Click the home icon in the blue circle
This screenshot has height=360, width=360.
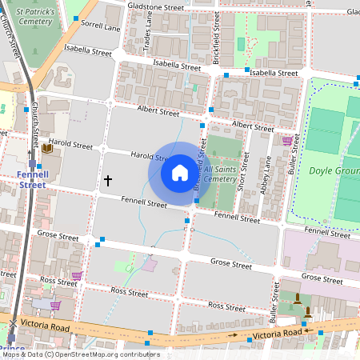pyautogui.click(x=179, y=172)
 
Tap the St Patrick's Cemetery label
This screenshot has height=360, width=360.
pyautogui.click(x=40, y=18)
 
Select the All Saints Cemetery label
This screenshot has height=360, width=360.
pyautogui.click(x=220, y=174)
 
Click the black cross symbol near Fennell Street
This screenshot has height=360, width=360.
pyautogui.click(x=107, y=181)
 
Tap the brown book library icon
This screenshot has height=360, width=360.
pyautogui.click(x=46, y=148)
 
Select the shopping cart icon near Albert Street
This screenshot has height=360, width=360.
pyautogui.click(x=286, y=141)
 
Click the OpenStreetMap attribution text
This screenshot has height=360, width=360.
pyautogui.click(x=80, y=354)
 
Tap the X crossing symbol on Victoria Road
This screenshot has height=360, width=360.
pyautogui.click(x=13, y=322)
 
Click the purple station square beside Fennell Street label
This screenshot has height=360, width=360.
pyautogui.click(x=32, y=163)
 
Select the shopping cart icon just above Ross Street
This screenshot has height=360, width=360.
pyautogui.click(x=77, y=276)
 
